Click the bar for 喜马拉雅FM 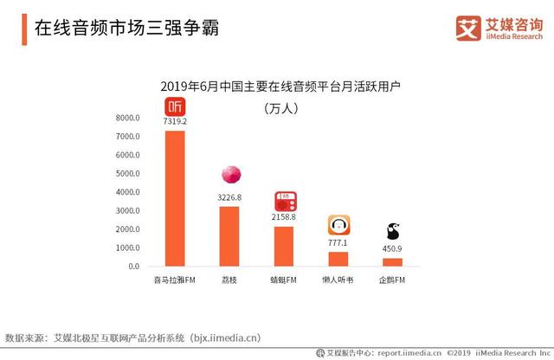[175, 198]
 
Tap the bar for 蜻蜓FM [284, 246]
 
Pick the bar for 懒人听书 [338, 258]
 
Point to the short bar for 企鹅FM [392, 261]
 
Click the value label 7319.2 [175, 122]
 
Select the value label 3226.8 [229, 197]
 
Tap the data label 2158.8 [284, 217]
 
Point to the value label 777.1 [338, 242]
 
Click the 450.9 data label [392, 248]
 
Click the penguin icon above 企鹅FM [392, 230]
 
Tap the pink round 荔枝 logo [229, 174]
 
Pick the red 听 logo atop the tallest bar [175, 106]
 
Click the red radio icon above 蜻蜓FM [284, 201]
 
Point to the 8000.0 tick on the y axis [127, 119]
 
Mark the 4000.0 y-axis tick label [127, 193]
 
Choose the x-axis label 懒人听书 [338, 280]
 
